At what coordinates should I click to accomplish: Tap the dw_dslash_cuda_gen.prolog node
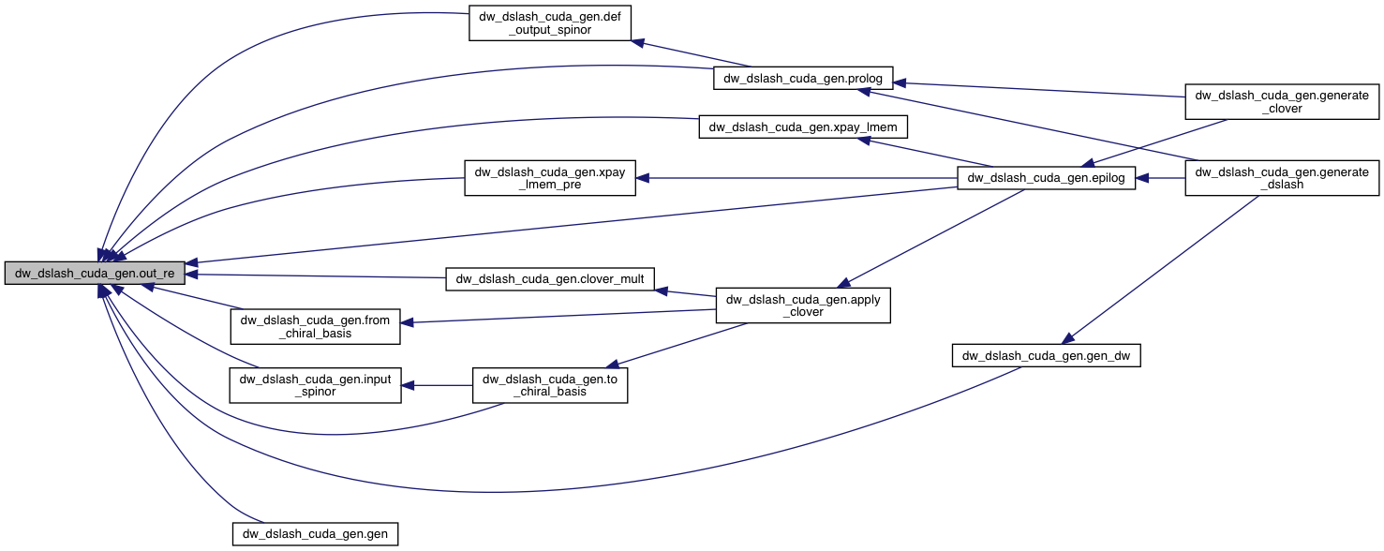[x=803, y=77]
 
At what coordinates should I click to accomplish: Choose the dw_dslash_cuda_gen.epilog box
[x=1046, y=176]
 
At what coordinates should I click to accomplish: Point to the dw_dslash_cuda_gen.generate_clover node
[x=1282, y=101]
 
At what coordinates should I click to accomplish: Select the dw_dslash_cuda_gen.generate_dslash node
[x=1282, y=177]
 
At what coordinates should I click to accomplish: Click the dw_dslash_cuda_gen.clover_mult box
[x=550, y=278]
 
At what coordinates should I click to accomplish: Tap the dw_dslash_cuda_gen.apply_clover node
[x=803, y=305]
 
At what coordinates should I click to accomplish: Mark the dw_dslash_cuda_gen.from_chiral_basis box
[x=315, y=326]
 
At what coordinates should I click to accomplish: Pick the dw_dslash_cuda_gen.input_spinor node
[x=315, y=385]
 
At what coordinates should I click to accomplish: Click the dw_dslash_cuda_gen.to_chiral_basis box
[x=549, y=384]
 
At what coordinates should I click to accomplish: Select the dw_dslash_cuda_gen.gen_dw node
[x=1046, y=355]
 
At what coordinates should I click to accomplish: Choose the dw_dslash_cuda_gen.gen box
[x=315, y=533]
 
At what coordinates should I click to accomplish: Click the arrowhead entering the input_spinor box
[x=408, y=385]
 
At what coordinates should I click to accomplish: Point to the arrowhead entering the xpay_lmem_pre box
[x=644, y=177]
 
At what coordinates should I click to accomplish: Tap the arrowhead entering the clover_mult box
[x=661, y=290]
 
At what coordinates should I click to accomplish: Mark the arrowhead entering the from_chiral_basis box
[x=408, y=323]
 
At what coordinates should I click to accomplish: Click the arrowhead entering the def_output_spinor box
[x=636, y=41]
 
